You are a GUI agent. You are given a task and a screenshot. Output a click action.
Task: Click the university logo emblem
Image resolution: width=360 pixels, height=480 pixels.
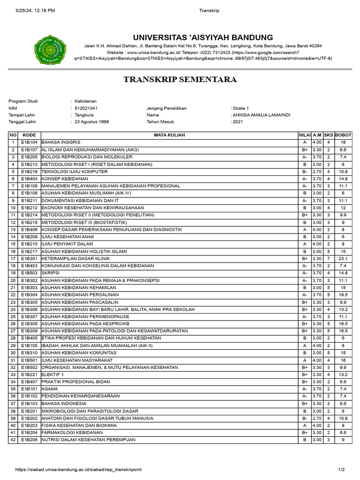pyautogui.click(x=50, y=51)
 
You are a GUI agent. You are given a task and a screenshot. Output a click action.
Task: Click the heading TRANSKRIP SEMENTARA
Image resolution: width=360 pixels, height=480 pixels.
pyautogui.click(x=180, y=80)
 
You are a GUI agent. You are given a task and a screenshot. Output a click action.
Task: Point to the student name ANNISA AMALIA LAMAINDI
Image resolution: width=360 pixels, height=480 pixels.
pyautogui.click(x=261, y=115)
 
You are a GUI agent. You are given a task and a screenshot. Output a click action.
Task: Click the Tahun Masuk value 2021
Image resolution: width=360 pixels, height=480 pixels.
pyautogui.click(x=237, y=121)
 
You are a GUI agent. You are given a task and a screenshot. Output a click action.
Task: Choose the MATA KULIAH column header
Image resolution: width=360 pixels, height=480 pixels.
pyautogui.click(x=169, y=135)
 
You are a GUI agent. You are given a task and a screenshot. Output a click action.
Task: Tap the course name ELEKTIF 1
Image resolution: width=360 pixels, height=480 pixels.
pyautogui.click(x=53, y=375)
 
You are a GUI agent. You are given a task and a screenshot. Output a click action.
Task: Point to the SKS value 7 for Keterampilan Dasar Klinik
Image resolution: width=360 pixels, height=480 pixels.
pyautogui.click(x=329, y=258)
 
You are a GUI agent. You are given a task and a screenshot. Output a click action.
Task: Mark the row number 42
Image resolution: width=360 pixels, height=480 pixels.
pyautogui.click(x=13, y=440)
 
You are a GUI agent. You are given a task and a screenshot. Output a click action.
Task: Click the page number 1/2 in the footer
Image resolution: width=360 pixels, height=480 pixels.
pyautogui.click(x=341, y=470)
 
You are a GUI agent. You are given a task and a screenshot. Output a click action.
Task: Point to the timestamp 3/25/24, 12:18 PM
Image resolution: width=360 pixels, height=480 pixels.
pyautogui.click(x=35, y=10)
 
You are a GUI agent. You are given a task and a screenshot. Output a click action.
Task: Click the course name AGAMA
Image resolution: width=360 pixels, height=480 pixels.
pyautogui.click(x=50, y=389)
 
